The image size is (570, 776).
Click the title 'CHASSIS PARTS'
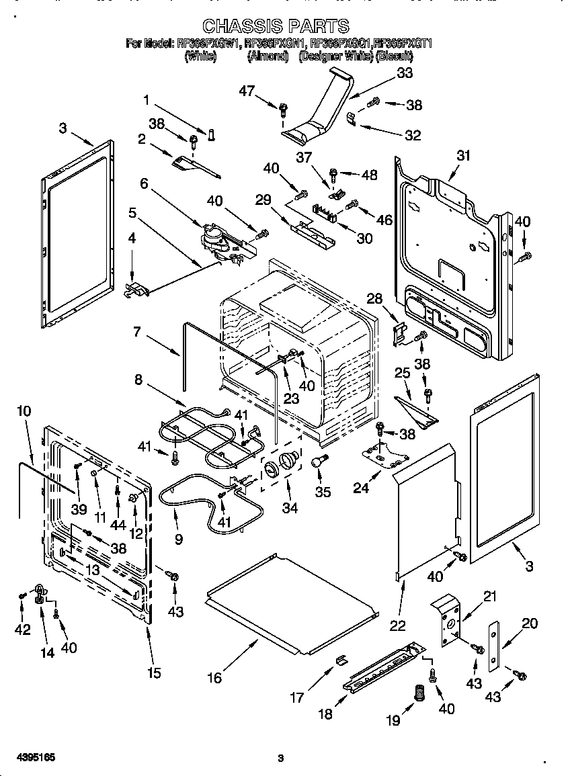click(x=276, y=26)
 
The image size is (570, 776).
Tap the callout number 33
click(x=405, y=74)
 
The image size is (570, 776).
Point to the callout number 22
click(x=398, y=626)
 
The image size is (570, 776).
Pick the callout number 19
click(x=393, y=720)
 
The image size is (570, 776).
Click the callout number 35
click(x=323, y=492)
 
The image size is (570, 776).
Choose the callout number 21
click(x=489, y=596)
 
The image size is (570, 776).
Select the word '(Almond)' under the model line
click(x=268, y=57)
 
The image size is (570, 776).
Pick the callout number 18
click(x=325, y=714)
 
